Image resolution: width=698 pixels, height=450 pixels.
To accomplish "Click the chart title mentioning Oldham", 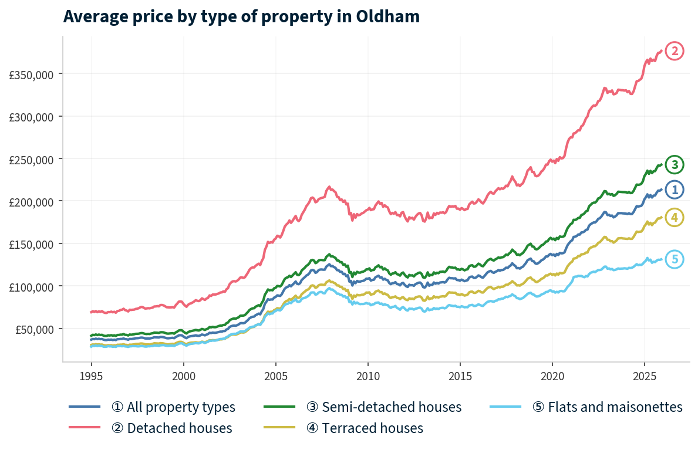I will (241, 16).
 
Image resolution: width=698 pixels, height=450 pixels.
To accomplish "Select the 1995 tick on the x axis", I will (91, 375).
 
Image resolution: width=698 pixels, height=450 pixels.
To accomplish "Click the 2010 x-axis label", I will (367, 375).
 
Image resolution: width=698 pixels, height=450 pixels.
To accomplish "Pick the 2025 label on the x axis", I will (644, 375).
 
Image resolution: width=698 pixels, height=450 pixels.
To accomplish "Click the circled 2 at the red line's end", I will (675, 52).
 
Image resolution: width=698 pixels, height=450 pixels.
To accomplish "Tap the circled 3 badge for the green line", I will (675, 165).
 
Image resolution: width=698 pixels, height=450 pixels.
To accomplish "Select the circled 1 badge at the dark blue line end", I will (675, 190).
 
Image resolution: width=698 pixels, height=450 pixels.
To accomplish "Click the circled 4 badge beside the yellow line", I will (675, 218).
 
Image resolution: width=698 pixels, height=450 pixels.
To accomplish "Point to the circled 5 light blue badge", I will (675, 259).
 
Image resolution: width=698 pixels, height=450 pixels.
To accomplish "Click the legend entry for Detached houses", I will (171, 428).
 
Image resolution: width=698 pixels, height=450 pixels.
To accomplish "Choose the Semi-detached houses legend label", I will (384, 407).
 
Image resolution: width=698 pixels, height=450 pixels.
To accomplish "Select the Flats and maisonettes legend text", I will (607, 407).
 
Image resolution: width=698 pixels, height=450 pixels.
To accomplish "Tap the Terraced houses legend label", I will (365, 428).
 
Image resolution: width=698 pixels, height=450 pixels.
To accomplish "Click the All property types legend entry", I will (173, 407).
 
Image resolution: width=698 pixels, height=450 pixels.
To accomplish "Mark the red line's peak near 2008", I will (329, 187).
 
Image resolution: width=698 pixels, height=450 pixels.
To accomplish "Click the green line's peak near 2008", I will (329, 255).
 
